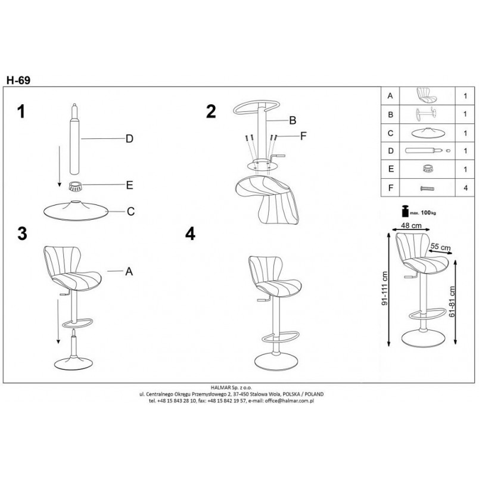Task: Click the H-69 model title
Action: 18,80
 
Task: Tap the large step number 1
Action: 21,111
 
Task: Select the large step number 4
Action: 190,234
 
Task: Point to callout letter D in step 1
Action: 129,139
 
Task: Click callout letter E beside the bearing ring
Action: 129,185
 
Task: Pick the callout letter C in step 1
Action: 130,211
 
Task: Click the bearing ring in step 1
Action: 75,186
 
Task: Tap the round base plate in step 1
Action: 76,210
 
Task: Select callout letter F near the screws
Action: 303,136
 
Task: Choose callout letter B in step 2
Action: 293,120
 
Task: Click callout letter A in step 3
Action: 129,271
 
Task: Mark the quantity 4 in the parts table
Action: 465,188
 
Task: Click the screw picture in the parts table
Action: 427,188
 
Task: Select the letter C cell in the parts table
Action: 390,133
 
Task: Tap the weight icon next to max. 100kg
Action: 405,211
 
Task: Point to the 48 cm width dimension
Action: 411,226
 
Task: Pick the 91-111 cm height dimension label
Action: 385,288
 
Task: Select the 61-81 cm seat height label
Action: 452,301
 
